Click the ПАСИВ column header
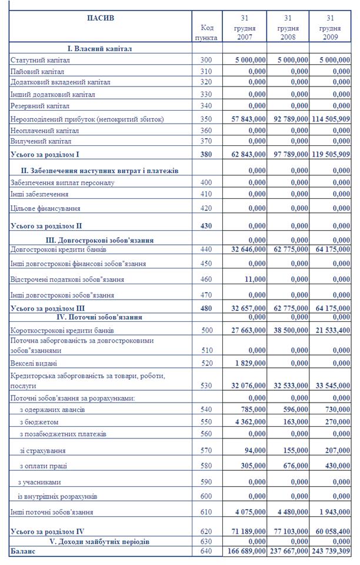[100, 18]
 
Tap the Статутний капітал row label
[40, 59]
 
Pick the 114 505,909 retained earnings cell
[333, 119]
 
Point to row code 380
[206, 154]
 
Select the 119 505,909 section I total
[333, 154]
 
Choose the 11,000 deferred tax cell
[254, 279]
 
